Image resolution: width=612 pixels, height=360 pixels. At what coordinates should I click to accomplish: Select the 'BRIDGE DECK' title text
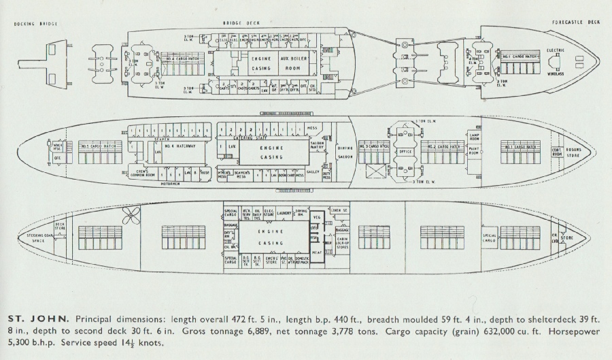point(237,23)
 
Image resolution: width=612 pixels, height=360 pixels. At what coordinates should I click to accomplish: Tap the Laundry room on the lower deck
point(284,212)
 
